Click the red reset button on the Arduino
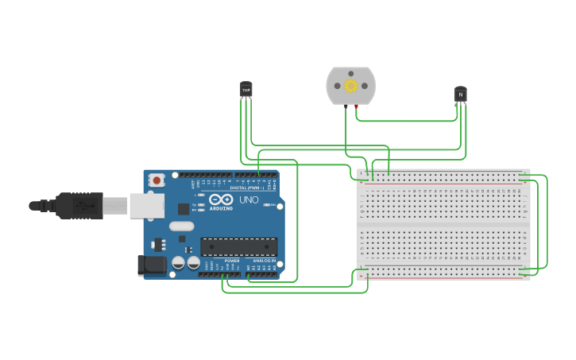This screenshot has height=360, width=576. (x=157, y=180)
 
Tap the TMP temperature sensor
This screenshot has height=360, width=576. (x=245, y=89)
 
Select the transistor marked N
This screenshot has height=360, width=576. (x=460, y=95)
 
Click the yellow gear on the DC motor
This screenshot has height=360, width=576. (x=350, y=86)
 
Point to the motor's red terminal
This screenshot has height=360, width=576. (x=356, y=105)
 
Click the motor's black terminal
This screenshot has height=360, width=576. (x=346, y=105)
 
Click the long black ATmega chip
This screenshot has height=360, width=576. (x=238, y=247)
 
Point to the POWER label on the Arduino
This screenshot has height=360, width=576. (x=232, y=261)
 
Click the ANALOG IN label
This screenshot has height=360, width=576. (x=265, y=261)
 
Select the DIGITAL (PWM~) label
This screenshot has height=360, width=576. (x=246, y=188)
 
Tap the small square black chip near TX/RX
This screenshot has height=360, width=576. (x=184, y=209)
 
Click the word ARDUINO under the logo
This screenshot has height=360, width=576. (x=222, y=208)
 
